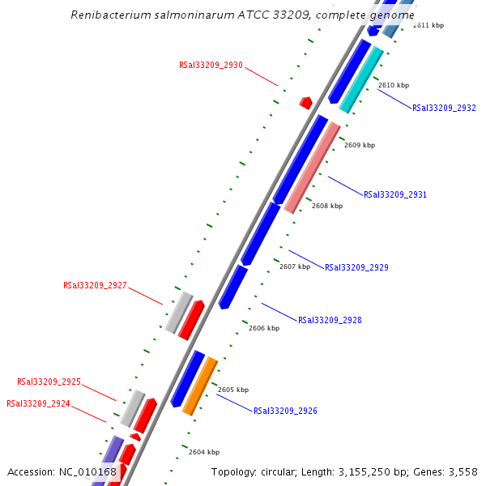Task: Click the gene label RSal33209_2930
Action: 211,65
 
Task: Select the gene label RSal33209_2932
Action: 444,108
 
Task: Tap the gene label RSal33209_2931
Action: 395,194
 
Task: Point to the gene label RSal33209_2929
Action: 356,267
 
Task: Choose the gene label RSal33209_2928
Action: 330,320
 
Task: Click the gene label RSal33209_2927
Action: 95,285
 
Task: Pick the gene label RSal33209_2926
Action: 285,411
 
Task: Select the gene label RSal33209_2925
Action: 49,382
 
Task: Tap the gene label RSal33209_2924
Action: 38,403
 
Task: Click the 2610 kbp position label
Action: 394,85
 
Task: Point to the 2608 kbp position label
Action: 327,206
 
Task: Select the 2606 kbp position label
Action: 264,328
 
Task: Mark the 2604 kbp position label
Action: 204,452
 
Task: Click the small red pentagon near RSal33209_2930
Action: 305,103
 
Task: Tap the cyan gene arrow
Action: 361,79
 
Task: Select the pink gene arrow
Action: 312,168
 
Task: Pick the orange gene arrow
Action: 199,386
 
